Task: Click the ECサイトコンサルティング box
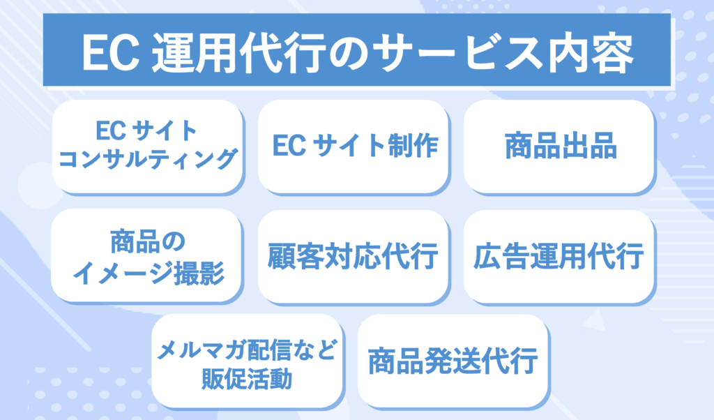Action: tap(147, 147)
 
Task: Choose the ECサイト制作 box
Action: tap(353, 147)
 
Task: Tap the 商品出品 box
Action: tap(559, 147)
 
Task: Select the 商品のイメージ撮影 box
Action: tap(147, 256)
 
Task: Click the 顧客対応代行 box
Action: tap(353, 256)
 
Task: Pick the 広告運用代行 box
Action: tap(559, 256)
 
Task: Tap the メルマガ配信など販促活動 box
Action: tap(247, 361)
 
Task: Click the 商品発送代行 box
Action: tap(453, 361)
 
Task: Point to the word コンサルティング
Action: tap(147, 160)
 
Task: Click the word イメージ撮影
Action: tap(147, 271)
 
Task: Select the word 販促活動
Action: tap(247, 379)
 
